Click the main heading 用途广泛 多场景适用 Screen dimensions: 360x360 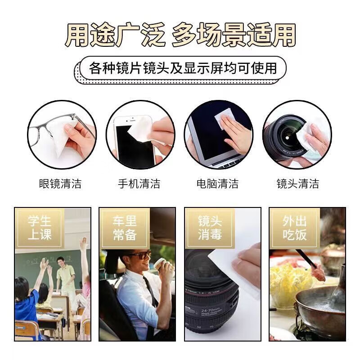[x=180, y=35]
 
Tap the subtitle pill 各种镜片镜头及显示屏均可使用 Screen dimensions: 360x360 [x=182, y=68]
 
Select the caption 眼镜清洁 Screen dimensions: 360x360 [x=60, y=184]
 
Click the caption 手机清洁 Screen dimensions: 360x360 [x=139, y=184]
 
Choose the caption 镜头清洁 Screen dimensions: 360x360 [x=297, y=184]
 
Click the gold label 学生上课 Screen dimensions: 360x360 [x=40, y=228]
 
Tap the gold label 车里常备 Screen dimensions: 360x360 [x=125, y=228]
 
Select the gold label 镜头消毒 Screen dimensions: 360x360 [x=210, y=228]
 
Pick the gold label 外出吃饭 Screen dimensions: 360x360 [x=294, y=228]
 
